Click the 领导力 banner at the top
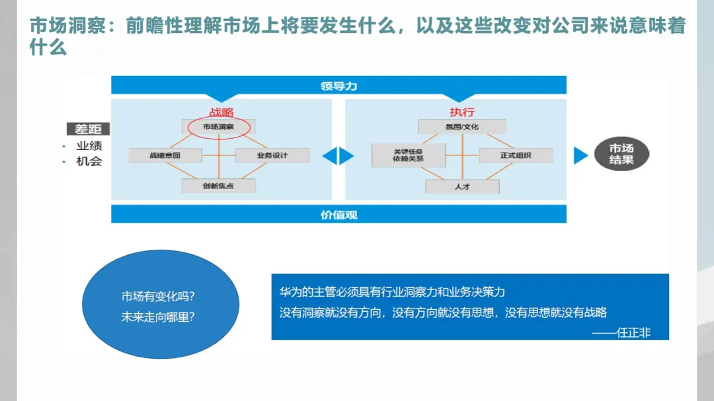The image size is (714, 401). (x=338, y=86)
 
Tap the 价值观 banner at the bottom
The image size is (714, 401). (x=338, y=214)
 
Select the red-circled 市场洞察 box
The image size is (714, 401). (x=219, y=126)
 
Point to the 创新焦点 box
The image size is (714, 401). (x=219, y=186)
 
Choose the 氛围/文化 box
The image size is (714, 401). (x=462, y=126)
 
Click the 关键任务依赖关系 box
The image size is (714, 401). (x=409, y=155)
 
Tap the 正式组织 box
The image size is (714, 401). (x=516, y=156)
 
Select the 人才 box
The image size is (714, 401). (x=462, y=186)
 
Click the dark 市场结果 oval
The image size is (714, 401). (x=621, y=155)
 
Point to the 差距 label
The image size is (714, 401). (x=88, y=129)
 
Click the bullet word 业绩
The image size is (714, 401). (x=89, y=146)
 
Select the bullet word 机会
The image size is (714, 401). (x=89, y=161)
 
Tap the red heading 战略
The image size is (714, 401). (x=221, y=112)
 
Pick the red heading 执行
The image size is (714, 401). (x=462, y=112)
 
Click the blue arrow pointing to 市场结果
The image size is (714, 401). (x=580, y=155)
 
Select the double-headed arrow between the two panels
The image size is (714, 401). (x=338, y=156)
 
